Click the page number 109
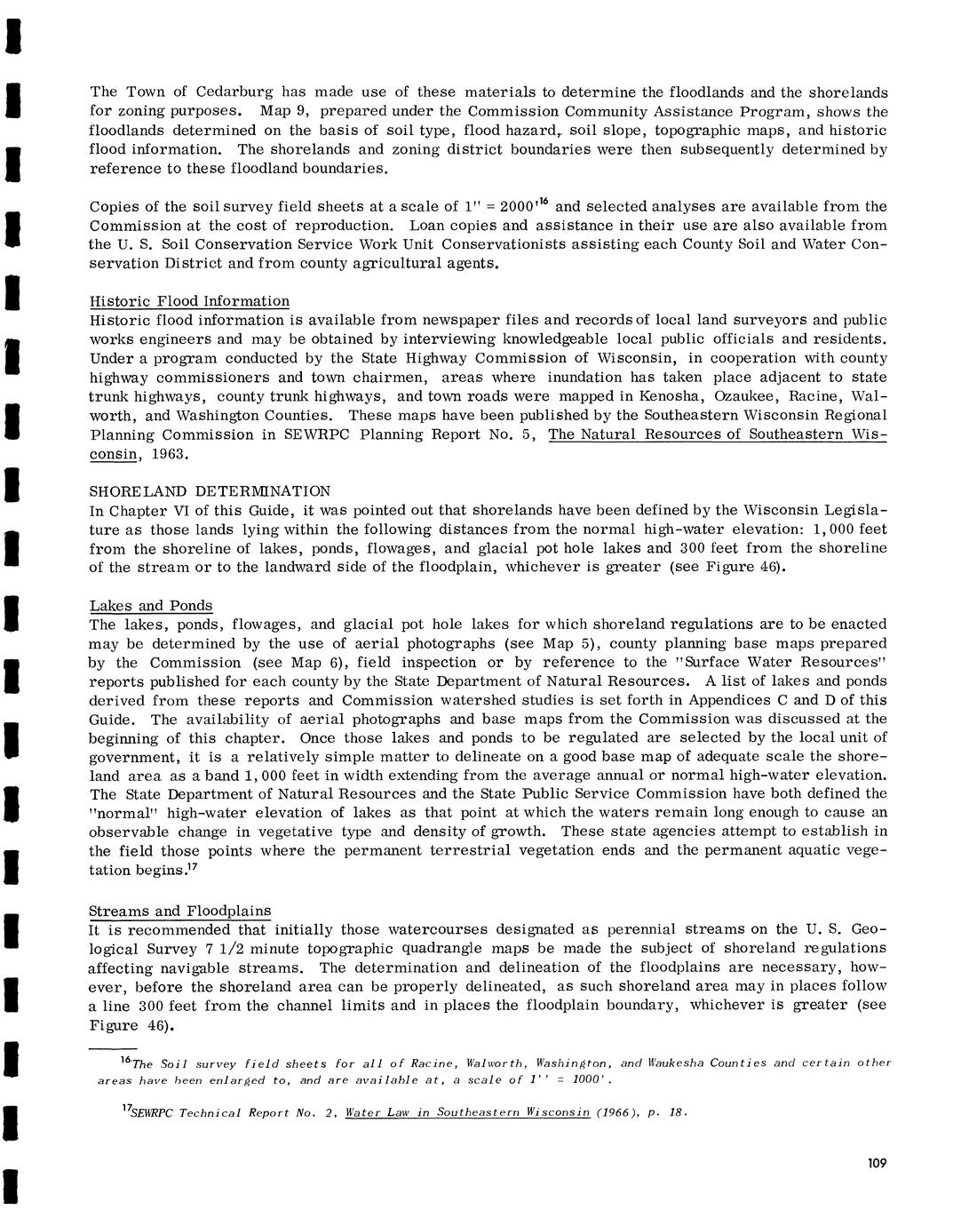click(x=877, y=1164)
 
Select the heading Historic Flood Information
click(x=189, y=301)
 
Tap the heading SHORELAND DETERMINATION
click(x=210, y=491)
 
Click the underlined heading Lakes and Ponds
click(x=151, y=606)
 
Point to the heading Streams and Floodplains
click(x=180, y=911)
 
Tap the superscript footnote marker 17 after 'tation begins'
click(x=191, y=867)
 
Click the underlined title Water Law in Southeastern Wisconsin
click(x=467, y=1112)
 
